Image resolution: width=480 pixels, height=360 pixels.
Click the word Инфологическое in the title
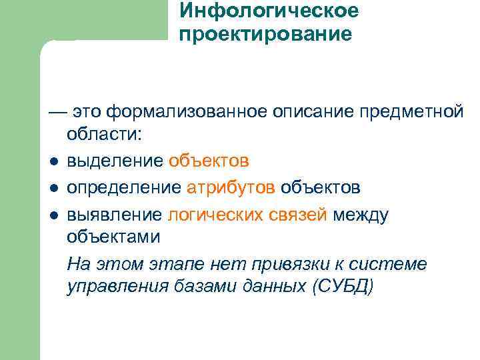269,11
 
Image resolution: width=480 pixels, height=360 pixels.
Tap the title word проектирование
265,34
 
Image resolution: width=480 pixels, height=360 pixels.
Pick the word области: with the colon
104,134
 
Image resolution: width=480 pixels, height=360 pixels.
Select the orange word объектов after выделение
209,161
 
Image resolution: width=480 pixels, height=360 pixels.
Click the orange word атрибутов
230,187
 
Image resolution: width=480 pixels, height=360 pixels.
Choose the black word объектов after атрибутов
320,187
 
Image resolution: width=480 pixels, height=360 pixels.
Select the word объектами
114,237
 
